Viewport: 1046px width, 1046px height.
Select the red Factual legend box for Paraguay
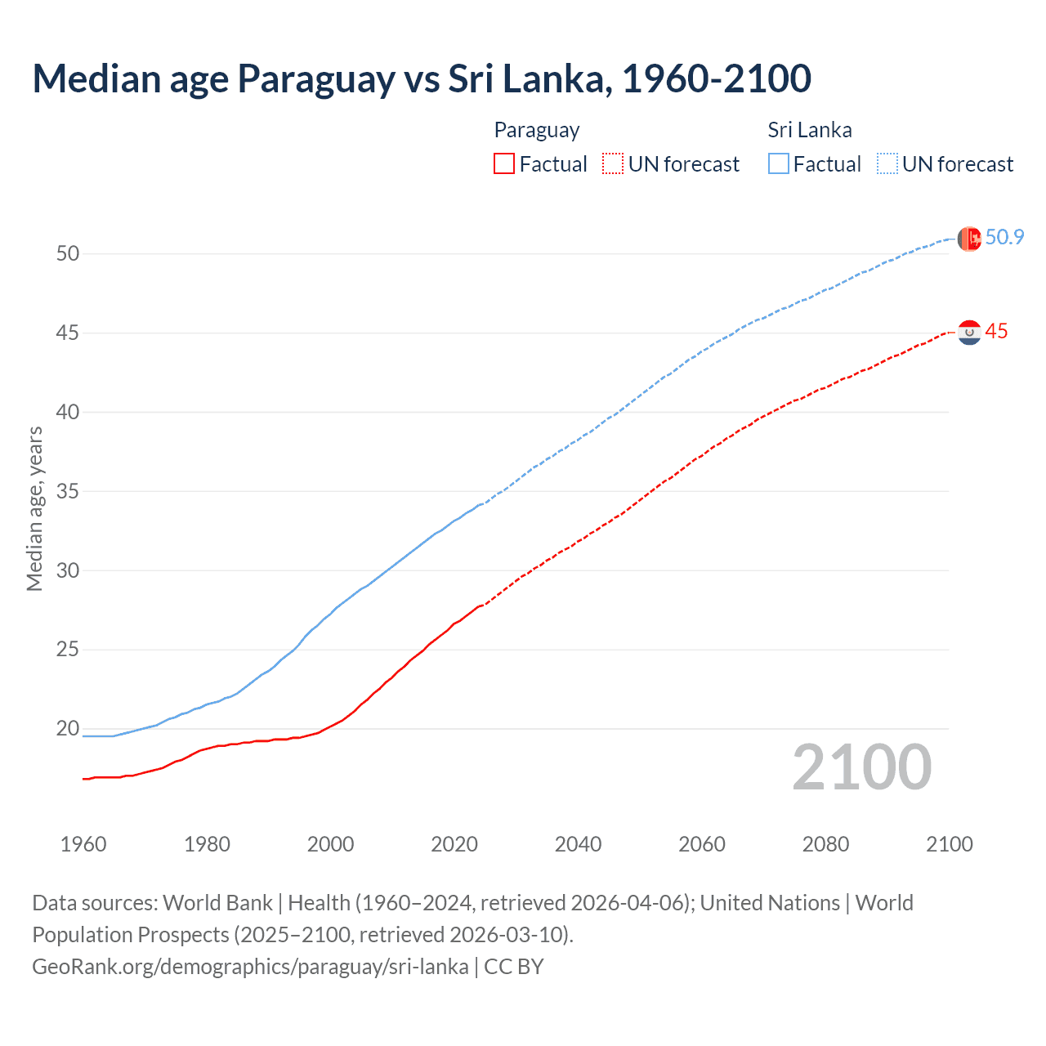[504, 164]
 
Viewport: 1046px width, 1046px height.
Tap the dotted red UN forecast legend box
[613, 164]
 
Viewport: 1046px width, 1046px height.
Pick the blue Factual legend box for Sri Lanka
[779, 164]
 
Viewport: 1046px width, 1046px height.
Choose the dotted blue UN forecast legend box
[887, 164]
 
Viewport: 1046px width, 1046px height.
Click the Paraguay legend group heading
[537, 130]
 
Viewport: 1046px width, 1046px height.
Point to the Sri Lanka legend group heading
[809, 130]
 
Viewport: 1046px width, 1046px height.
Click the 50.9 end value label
[1004, 238]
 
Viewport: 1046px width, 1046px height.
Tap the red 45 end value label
[996, 332]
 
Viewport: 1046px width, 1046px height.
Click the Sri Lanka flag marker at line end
[969, 239]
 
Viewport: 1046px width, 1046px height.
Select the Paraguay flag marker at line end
[969, 333]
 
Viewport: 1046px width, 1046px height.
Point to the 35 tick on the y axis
[68, 492]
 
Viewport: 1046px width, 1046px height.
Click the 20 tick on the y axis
[68, 729]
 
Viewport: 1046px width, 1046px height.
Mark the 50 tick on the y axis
[68, 254]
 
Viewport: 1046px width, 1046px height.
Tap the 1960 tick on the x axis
[83, 844]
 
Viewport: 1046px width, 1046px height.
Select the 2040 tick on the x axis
[578, 844]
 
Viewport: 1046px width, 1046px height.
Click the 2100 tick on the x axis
[949, 844]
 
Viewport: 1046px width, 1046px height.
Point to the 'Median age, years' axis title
[34, 508]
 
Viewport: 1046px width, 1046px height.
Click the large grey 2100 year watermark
[861, 767]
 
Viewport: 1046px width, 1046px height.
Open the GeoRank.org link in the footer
[250, 967]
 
